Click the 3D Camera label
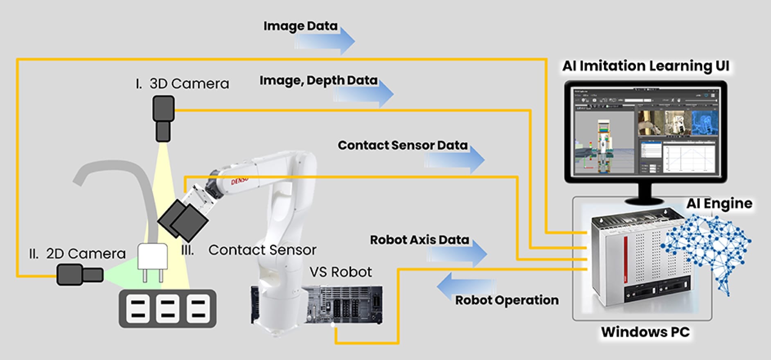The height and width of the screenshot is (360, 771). (x=183, y=84)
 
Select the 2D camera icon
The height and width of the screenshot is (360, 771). (x=79, y=274)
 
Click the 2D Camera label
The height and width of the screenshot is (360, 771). (x=77, y=254)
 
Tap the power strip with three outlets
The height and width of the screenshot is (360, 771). (x=167, y=308)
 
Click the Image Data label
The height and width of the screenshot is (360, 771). (x=300, y=26)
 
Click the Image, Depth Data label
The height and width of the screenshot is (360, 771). (x=318, y=81)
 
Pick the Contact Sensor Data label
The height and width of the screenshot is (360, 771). (x=402, y=145)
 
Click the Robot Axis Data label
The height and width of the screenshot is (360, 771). (x=419, y=240)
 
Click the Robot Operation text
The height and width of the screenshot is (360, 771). (x=507, y=300)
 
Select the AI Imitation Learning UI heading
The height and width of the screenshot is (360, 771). (x=645, y=66)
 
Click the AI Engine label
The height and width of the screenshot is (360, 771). (x=719, y=203)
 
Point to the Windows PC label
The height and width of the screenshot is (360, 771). (x=645, y=332)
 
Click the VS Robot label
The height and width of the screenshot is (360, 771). (x=340, y=272)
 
